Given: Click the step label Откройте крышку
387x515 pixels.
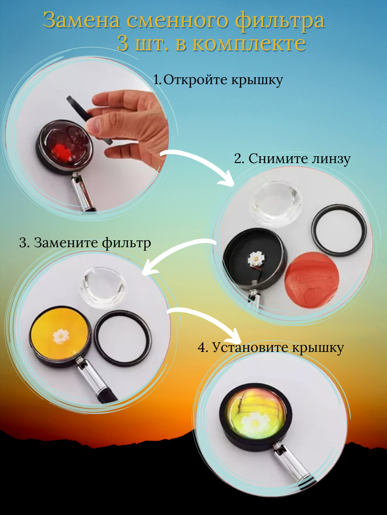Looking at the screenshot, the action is point(222,80).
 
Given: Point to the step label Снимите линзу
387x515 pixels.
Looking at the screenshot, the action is point(299,159).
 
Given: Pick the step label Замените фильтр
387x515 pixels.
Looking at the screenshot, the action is point(92,242).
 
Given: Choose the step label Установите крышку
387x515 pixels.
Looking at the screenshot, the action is point(278,348).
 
